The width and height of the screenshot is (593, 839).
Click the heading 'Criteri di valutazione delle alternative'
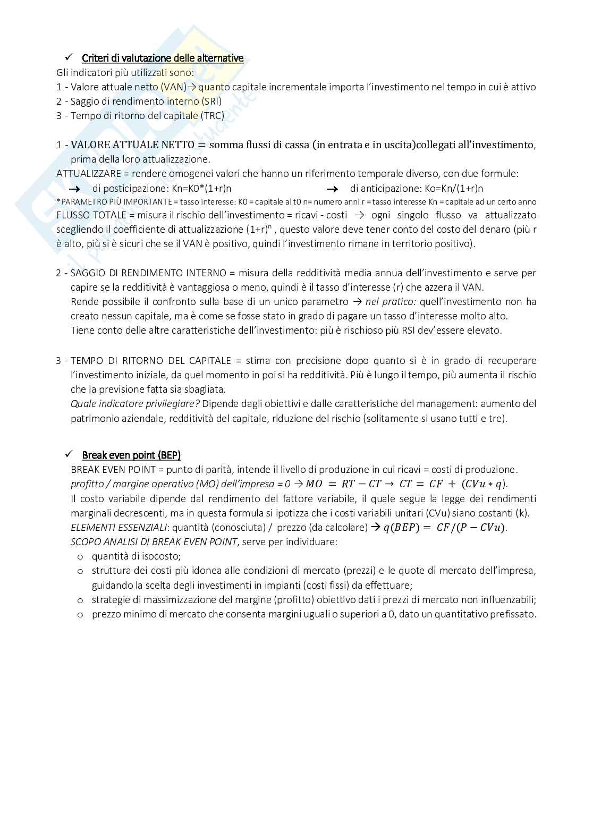point(163,58)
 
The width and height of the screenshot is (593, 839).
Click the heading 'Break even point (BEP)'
point(131,455)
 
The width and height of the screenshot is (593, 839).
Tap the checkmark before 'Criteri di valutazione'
point(68,57)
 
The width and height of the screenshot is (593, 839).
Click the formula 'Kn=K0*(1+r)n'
point(201,188)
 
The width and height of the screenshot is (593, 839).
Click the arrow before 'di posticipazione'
point(74,189)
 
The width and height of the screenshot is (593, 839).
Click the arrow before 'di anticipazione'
point(332,189)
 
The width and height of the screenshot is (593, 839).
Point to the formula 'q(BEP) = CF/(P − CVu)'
point(445,528)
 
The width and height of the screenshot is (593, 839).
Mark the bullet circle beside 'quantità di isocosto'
point(80,557)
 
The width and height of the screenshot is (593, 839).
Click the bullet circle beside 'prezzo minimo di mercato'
point(80,614)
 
